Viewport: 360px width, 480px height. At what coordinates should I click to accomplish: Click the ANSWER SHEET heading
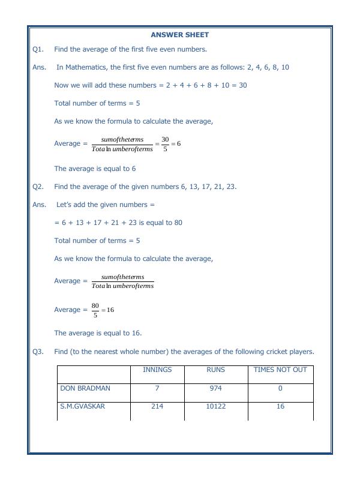(179, 35)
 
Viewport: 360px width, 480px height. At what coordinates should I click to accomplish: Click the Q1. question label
(38, 49)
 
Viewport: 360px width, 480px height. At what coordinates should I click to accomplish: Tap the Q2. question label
(38, 187)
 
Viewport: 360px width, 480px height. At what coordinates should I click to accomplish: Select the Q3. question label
(38, 352)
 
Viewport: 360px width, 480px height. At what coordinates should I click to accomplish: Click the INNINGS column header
(157, 370)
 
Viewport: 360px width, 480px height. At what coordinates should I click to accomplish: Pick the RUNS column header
(215, 370)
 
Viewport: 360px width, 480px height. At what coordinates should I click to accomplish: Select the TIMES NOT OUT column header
(280, 370)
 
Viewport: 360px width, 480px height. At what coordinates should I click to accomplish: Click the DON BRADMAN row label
(85, 388)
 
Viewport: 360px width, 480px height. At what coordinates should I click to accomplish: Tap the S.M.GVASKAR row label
(82, 406)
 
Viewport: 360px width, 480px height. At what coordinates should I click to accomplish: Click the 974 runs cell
(215, 388)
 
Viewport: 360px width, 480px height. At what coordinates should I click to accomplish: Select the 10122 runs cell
(215, 406)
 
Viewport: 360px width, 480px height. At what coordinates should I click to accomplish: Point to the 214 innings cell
(157, 406)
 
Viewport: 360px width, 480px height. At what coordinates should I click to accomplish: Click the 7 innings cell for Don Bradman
(157, 388)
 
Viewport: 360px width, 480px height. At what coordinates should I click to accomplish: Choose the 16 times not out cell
(280, 406)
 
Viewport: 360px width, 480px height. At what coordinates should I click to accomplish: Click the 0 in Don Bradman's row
(280, 388)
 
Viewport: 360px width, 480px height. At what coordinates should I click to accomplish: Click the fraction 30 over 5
(165, 144)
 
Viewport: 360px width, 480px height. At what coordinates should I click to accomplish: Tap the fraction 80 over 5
(95, 310)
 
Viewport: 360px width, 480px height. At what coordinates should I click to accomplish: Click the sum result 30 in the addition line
(242, 85)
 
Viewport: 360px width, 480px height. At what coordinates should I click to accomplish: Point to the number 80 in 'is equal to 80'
(178, 223)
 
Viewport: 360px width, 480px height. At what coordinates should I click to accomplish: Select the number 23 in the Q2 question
(230, 187)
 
